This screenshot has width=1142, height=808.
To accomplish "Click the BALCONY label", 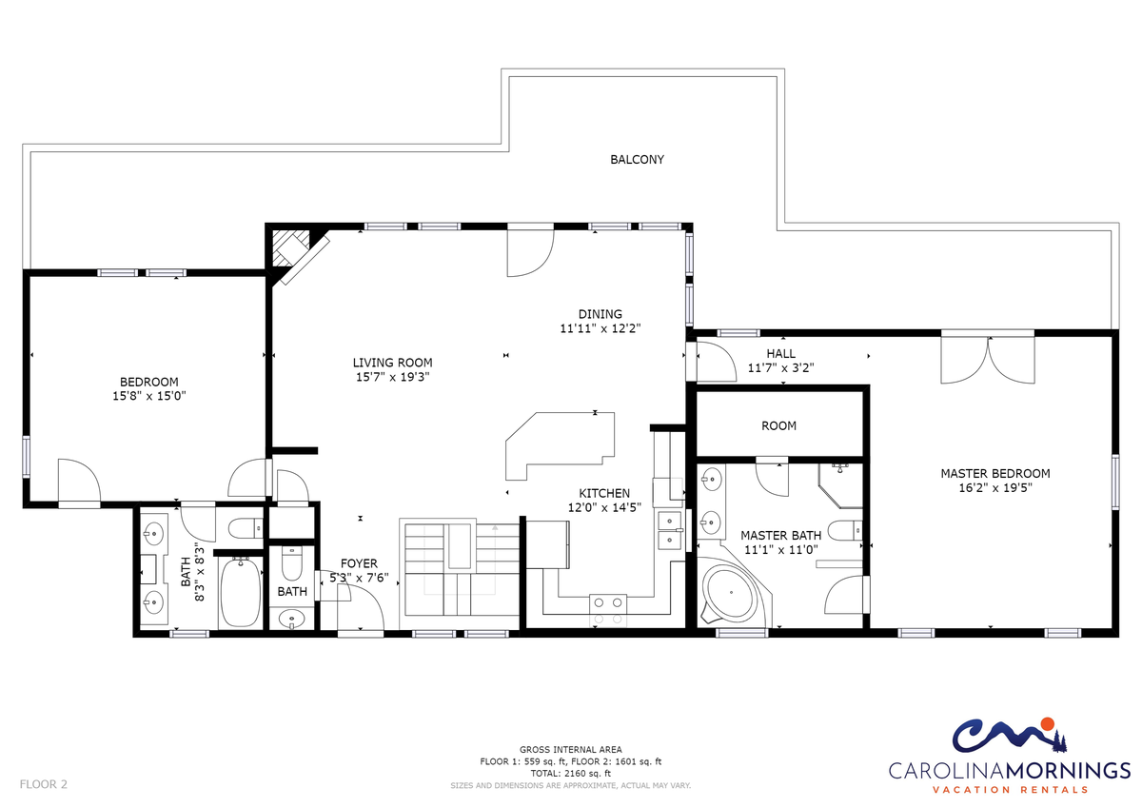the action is (637, 160).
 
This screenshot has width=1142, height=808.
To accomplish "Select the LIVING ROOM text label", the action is (392, 363).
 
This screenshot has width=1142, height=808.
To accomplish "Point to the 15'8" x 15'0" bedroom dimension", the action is (148, 396).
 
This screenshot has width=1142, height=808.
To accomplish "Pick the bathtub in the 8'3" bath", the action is (240, 592).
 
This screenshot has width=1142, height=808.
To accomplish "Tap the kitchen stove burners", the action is (608, 610).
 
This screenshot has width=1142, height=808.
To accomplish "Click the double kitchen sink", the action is (669, 530).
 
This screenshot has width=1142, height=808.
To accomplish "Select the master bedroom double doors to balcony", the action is (988, 357).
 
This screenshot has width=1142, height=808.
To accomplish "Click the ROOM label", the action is (778, 425).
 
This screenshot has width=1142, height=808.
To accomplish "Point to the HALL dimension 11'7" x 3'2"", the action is (780, 367).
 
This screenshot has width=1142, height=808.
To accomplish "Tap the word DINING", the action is (601, 314).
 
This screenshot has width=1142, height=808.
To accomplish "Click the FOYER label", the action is (359, 563).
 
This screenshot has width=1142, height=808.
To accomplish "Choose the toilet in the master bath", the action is (844, 530).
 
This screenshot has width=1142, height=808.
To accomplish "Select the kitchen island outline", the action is (560, 446).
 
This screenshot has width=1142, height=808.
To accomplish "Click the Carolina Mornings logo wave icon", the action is (1010, 736).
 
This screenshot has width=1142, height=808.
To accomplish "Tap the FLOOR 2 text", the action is (44, 784).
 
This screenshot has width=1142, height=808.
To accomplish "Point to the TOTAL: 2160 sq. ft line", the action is (570, 774).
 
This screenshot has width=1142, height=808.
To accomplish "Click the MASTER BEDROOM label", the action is (995, 474).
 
